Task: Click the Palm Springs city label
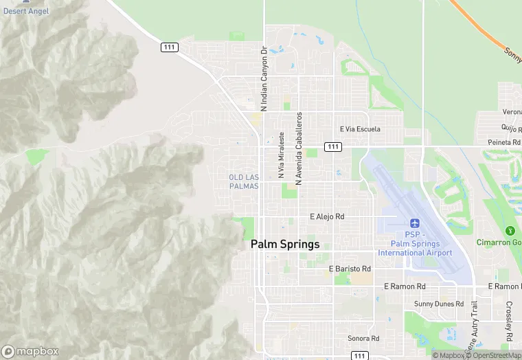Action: [285, 244]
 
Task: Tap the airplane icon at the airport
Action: [414, 223]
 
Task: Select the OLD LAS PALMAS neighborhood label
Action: [244, 181]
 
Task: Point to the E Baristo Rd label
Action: [350, 269]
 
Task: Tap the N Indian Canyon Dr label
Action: [264, 79]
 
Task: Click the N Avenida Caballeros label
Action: [299, 149]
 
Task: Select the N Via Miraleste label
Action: [281, 156]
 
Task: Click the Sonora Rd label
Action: [363, 338]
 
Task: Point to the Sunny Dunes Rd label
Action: [439, 303]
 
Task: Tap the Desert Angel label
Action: [25, 11]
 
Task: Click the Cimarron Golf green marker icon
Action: [510, 231]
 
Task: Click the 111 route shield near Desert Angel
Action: [170, 47]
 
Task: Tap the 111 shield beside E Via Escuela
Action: [333, 146]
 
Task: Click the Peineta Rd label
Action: [503, 142]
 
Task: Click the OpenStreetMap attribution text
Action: [495, 355]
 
